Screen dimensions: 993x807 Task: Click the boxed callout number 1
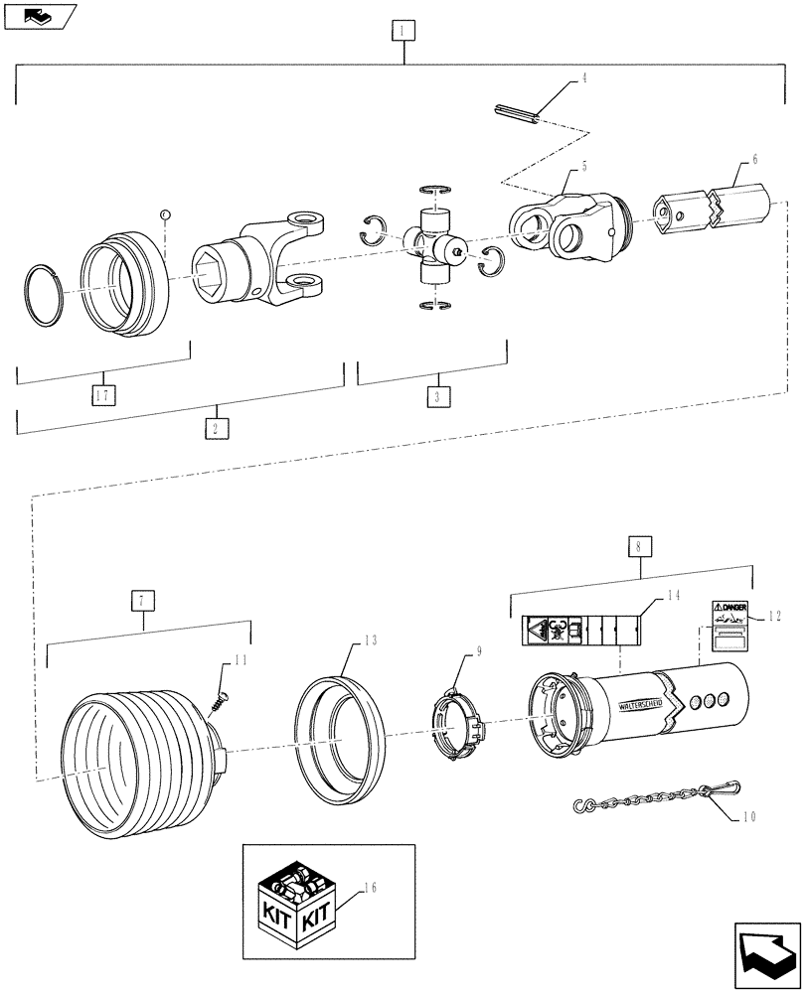[402, 31]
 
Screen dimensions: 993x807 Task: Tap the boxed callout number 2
[216, 428]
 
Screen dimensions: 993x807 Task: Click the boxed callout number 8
[638, 545]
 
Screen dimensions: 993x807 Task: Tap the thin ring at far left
[44, 294]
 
